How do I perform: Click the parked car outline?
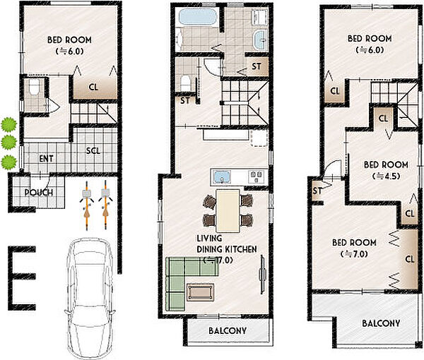click(90, 297)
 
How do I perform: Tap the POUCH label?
click(39, 193)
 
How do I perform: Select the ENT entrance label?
click(46, 159)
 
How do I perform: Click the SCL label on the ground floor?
click(93, 150)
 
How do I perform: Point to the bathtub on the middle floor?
click(199, 17)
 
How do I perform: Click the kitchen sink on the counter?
click(222, 177)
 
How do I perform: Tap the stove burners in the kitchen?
click(256, 177)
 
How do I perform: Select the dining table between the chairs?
click(228, 210)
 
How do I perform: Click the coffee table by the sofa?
click(201, 292)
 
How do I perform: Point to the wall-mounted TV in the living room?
click(261, 274)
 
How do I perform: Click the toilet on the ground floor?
click(35, 87)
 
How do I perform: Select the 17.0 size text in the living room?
click(218, 260)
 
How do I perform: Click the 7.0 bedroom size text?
click(354, 254)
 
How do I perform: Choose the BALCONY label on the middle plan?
click(228, 330)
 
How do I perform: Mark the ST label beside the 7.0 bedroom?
click(317, 191)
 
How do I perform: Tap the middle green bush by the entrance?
click(8, 142)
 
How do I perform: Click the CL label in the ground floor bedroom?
click(93, 87)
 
